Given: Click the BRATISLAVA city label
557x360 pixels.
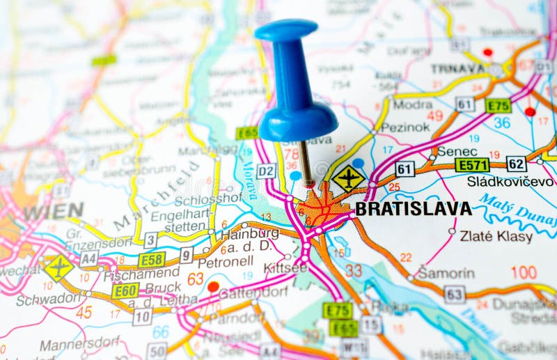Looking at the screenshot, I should pyautogui.click(x=413, y=209).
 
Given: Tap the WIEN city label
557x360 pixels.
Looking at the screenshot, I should pyautogui.click(x=53, y=211).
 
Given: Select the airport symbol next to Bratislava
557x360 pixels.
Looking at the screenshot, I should pyautogui.click(x=348, y=178).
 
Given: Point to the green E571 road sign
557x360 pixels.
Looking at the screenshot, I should pyautogui.click(x=471, y=165).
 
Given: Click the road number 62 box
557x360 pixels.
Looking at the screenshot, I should pyautogui.click(x=516, y=164).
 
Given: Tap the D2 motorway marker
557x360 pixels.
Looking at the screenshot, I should pyautogui.click(x=266, y=171).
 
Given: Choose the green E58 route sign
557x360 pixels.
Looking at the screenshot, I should pyautogui.click(x=151, y=260).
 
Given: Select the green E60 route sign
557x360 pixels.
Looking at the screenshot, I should pyautogui.click(x=125, y=291).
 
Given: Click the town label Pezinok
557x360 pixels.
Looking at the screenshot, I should pyautogui.click(x=405, y=127).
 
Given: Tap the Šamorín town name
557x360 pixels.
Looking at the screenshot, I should pyautogui.click(x=446, y=273).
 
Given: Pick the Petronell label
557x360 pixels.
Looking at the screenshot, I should pyautogui.click(x=225, y=263).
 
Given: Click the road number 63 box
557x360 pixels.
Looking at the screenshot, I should pyautogui.click(x=454, y=294).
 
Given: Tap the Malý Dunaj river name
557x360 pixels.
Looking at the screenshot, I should pyautogui.click(x=515, y=210).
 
